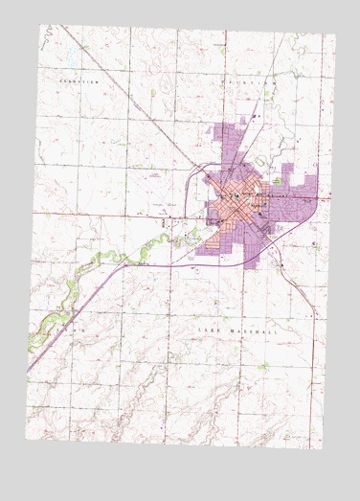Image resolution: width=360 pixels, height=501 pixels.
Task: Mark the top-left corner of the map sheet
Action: coord(41,25)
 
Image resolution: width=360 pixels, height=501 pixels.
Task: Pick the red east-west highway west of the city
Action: coord(115,210)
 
